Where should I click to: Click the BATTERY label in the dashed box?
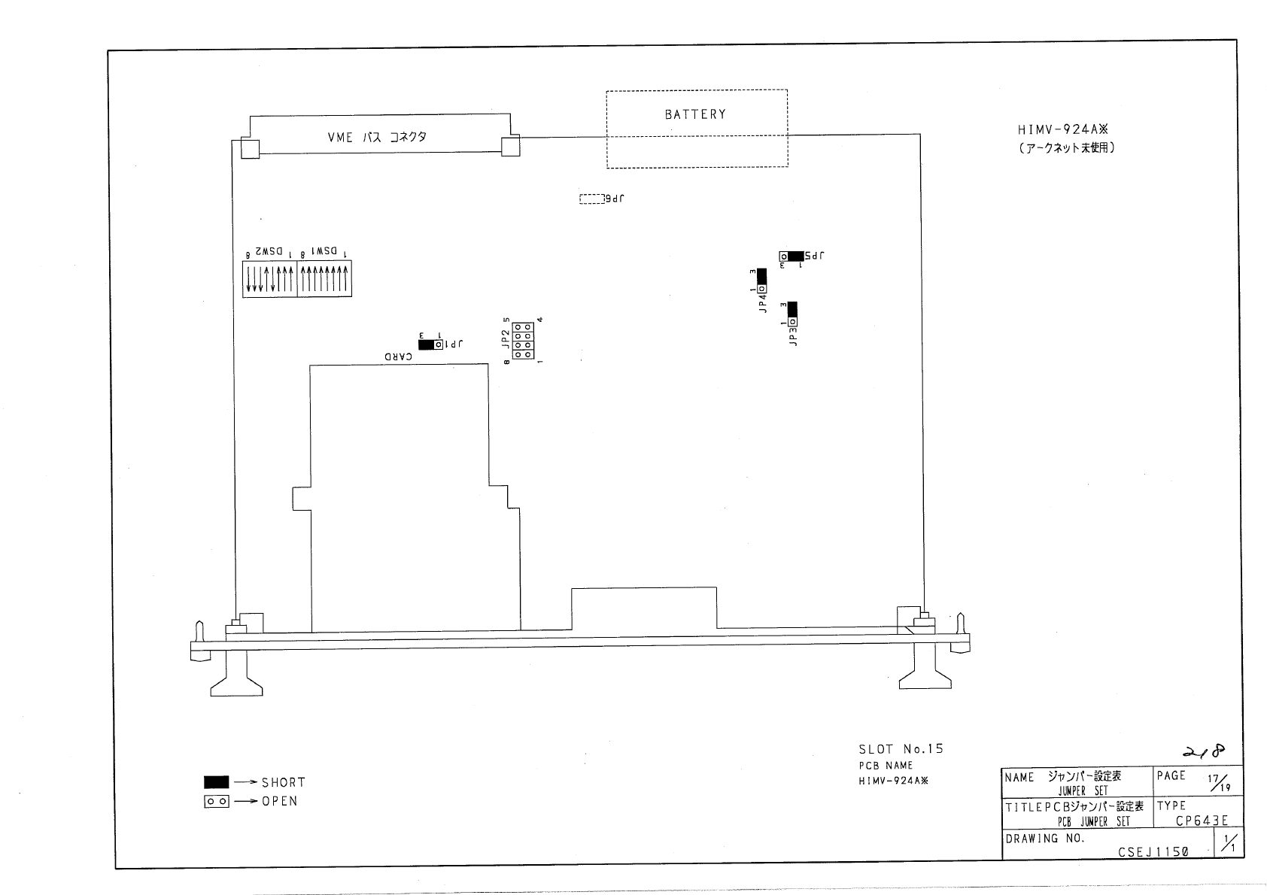[695, 114]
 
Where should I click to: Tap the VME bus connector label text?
[377, 138]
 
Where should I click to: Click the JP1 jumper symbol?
[431, 344]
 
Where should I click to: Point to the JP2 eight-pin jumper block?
[523, 341]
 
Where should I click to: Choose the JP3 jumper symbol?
[792, 314]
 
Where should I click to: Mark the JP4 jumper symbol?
[761, 281]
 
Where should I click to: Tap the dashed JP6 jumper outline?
[591, 199]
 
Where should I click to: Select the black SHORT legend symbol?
[217, 782]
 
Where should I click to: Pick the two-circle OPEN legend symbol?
[217, 802]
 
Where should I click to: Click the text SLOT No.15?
[901, 749]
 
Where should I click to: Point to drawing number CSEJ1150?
[1153, 852]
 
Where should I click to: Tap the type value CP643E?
[1202, 821]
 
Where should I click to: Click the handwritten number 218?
[1204, 751]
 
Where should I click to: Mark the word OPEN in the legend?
[280, 802]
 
